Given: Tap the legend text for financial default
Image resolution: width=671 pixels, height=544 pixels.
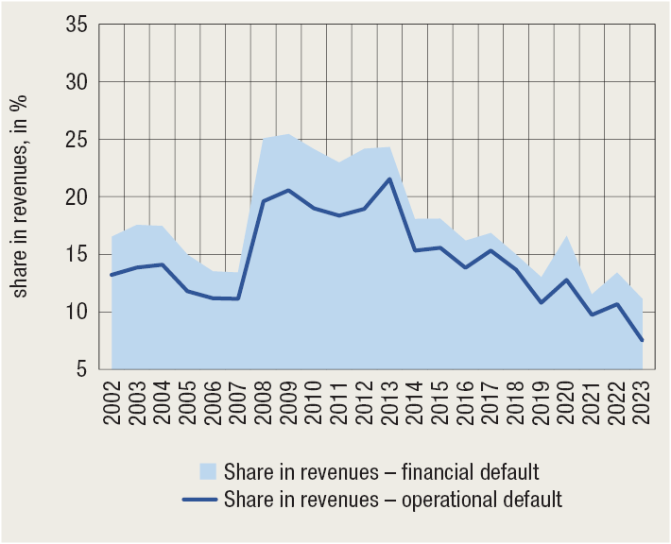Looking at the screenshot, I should pyautogui.click(x=382, y=470).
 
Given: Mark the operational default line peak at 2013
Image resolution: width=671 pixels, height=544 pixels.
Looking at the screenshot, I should pyautogui.click(x=389, y=179).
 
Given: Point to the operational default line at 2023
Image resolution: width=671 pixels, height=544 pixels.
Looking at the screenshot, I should pyautogui.click(x=643, y=340).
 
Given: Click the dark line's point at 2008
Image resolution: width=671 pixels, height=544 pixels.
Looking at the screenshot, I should pyautogui.click(x=263, y=201).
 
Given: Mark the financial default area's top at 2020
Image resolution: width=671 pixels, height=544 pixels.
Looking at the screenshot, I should pyautogui.click(x=567, y=236).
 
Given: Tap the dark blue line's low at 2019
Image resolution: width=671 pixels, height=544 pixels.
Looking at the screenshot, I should pyautogui.click(x=542, y=302).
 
